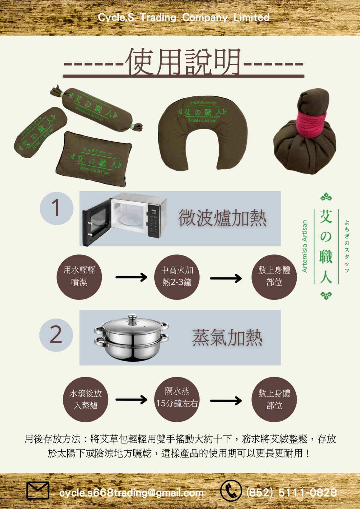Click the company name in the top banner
tap(184, 17)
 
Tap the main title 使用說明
tap(183, 62)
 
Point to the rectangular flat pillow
tap(94, 159)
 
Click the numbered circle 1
tap(56, 208)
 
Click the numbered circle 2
tap(56, 335)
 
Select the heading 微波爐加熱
tap(222, 218)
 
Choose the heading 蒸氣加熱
tap(227, 338)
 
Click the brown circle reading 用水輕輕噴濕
tap(79, 277)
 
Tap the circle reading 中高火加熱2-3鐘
tap(177, 277)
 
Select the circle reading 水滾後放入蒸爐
tap(86, 400)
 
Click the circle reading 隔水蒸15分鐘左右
tap(177, 399)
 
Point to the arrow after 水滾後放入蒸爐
tap(131, 400)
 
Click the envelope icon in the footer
tap(38, 490)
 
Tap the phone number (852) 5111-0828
tap(292, 492)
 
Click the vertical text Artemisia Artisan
tap(305, 246)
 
